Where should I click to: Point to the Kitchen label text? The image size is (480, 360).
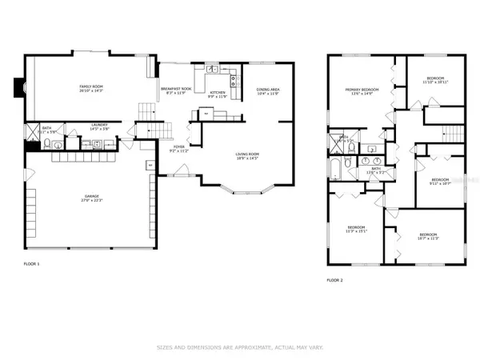coord(218,93)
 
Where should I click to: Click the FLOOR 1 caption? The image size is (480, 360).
coord(33,263)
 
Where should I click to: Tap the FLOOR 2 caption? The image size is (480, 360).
coord(337,281)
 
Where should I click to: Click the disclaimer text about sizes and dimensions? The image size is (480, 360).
coord(240,348)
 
